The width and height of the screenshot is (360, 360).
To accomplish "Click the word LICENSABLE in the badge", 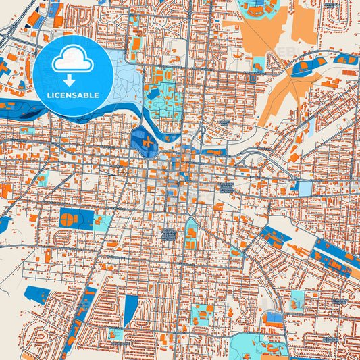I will point(73,95).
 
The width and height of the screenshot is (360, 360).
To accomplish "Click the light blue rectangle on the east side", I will point(305,188).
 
